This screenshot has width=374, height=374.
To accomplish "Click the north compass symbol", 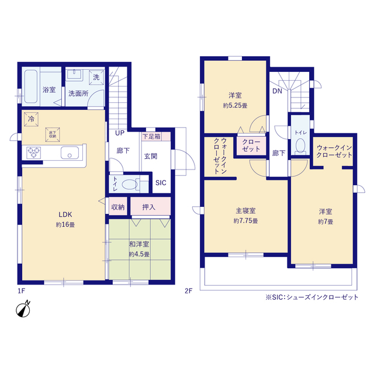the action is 23,310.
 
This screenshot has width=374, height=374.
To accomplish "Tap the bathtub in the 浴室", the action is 31,86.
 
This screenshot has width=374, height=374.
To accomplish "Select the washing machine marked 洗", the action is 96,77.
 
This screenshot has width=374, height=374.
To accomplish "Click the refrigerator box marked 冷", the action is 31,119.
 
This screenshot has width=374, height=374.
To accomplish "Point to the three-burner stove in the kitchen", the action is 34,152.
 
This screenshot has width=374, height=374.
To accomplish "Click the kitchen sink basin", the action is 70,153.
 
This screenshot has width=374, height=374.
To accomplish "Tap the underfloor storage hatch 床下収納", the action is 53,134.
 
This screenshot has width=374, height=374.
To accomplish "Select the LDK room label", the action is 65,214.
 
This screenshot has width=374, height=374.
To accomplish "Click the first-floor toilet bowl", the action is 130,185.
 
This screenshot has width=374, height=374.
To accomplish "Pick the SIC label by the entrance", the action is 161,183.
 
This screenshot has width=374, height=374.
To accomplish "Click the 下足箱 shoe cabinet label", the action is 151,136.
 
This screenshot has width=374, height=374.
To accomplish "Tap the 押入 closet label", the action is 148,207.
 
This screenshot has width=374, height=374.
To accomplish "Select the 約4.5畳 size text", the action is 139,254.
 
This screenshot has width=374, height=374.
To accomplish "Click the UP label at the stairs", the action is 120,133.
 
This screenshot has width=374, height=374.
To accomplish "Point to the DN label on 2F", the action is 277,91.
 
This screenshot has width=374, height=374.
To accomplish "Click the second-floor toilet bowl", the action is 300,146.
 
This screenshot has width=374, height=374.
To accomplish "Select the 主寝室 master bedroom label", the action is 245,210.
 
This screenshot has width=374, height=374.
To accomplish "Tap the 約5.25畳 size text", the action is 235,105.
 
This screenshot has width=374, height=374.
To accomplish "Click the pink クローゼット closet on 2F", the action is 251,146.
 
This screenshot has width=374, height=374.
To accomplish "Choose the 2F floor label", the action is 188,291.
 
